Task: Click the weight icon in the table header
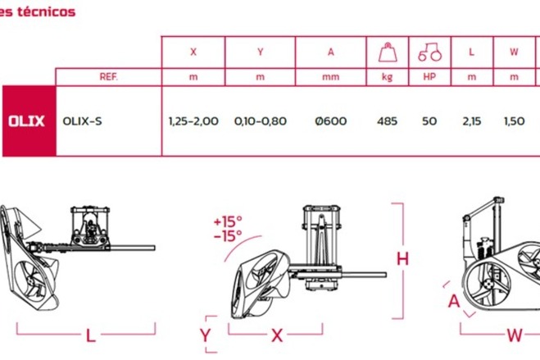click(x=388, y=52)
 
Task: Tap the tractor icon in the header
click(x=430, y=52)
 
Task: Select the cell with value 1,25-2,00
click(x=193, y=121)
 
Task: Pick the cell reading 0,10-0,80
click(x=261, y=121)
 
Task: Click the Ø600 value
click(x=330, y=121)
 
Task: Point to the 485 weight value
click(x=387, y=121)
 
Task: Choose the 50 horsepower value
click(x=429, y=121)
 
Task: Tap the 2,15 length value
click(x=472, y=121)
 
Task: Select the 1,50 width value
click(x=514, y=121)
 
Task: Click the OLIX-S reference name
click(x=82, y=121)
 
